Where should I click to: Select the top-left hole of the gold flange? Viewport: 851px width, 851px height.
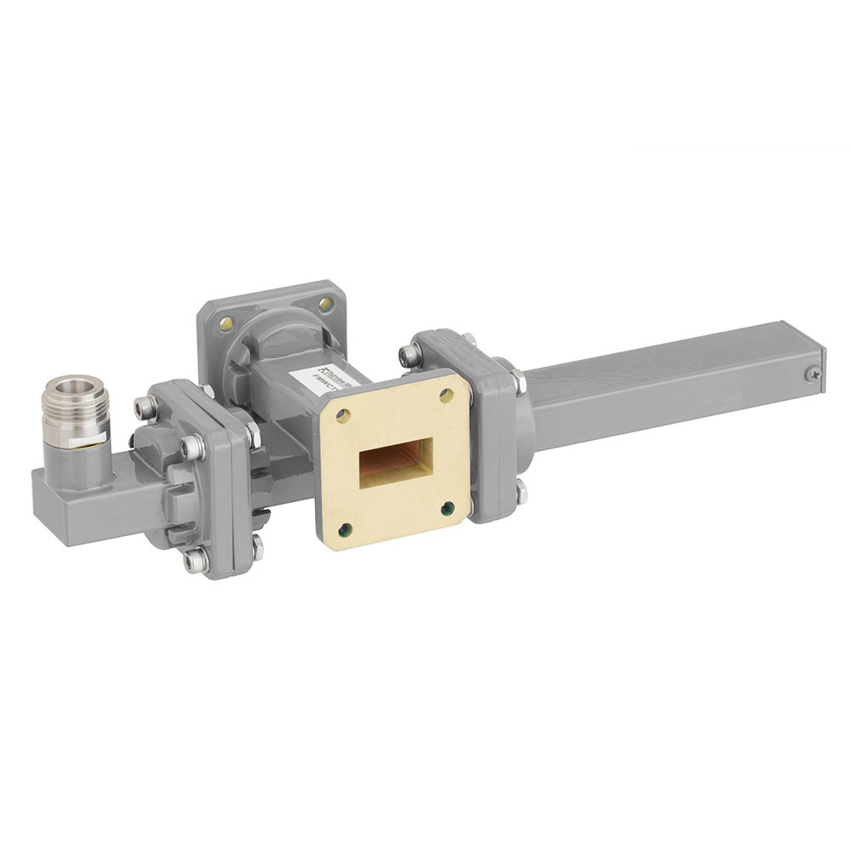point(342,416)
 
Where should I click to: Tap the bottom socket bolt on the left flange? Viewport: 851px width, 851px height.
point(197,559)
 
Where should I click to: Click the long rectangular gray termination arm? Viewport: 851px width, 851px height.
point(672,374)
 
